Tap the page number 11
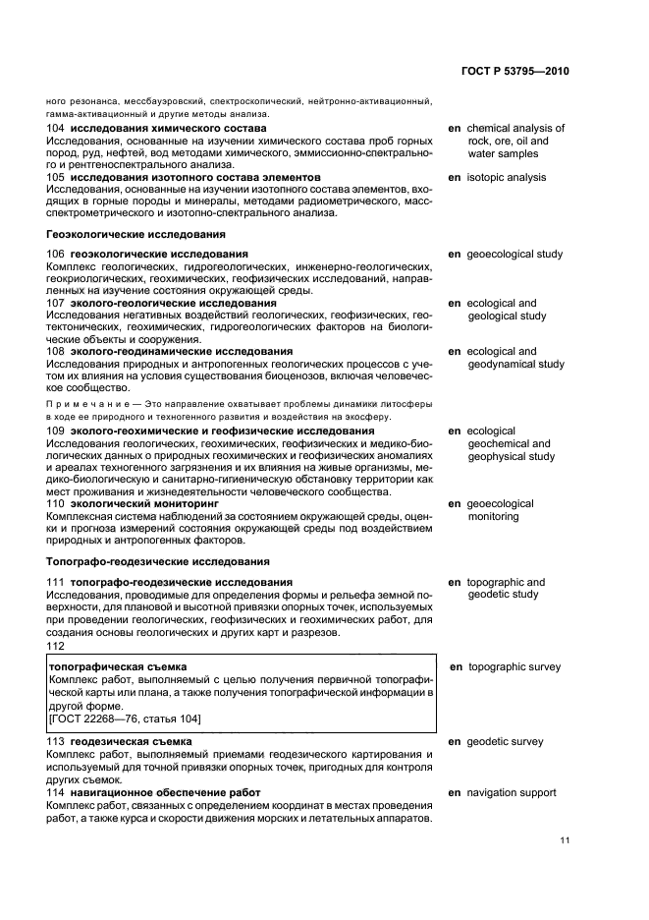(x=564, y=839)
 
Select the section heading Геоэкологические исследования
(x=136, y=235)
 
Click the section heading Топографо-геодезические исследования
(x=158, y=561)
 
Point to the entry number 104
(x=56, y=129)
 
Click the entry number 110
(x=56, y=504)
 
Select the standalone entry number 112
(x=56, y=646)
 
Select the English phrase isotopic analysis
(x=506, y=178)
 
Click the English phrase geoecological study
(x=514, y=255)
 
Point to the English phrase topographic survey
(x=514, y=667)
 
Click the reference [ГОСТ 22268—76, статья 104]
(x=125, y=719)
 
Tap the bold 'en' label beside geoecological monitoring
(x=454, y=504)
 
